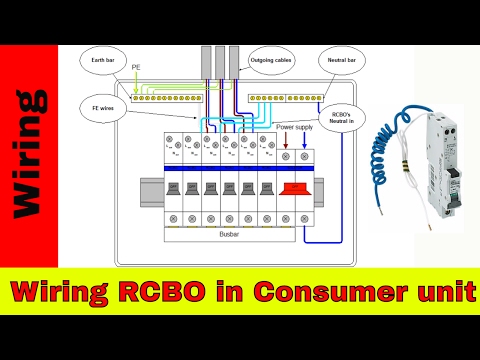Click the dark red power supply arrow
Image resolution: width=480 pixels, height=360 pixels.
click(x=288, y=143)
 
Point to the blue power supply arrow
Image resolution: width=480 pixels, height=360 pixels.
click(x=304, y=143)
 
